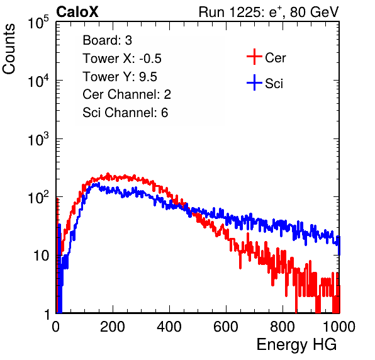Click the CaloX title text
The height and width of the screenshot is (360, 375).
[x=77, y=12]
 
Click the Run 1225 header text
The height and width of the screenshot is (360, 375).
[x=269, y=12]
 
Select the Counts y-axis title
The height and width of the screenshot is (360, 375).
[x=9, y=49]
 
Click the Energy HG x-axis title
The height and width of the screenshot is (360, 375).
[x=296, y=344]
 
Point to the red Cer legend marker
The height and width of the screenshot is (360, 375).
[x=254, y=57]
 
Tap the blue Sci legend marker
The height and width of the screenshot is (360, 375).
[x=254, y=82]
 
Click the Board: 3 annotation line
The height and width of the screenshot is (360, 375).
[x=107, y=40]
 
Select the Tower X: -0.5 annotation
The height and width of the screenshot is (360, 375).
[x=122, y=59]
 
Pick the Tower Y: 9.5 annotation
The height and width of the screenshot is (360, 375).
[x=120, y=77]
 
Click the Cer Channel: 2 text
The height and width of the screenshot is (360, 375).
[x=126, y=94]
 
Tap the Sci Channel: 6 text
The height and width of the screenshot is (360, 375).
[x=125, y=113]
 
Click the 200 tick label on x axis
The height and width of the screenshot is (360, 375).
[x=113, y=327]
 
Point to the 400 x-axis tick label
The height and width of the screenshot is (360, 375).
[x=169, y=327]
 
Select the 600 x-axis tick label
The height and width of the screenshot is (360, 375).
[x=226, y=327]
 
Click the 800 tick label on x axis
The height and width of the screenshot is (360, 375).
[x=283, y=327]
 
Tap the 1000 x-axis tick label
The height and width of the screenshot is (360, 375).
[x=339, y=327]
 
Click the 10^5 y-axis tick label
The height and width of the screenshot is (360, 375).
[x=38, y=23]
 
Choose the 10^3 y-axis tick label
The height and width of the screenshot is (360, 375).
[x=38, y=139]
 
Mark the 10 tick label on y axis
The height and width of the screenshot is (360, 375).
[x=41, y=256]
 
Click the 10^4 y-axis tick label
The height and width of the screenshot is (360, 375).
[x=38, y=81]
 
